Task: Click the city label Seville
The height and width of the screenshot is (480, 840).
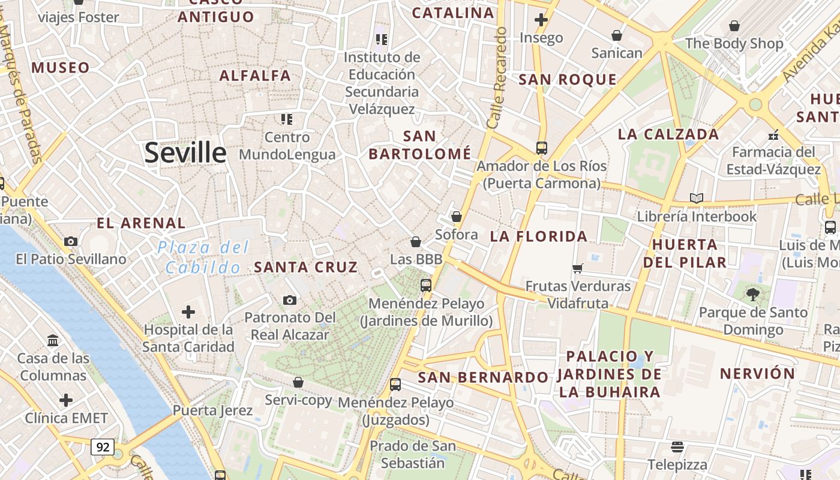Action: (x=185, y=153)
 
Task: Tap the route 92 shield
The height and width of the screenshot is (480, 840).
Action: (x=103, y=446)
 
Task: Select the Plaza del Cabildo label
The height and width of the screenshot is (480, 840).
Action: (x=203, y=257)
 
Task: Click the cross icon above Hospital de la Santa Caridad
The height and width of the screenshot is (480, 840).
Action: (x=188, y=312)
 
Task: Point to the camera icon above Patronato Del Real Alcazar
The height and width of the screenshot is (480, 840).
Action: (x=290, y=300)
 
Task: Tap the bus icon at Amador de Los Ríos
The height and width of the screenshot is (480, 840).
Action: (x=542, y=148)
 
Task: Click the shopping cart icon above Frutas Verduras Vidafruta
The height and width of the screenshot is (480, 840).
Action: (x=578, y=268)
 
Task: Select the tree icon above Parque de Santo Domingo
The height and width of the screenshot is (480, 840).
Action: (x=753, y=295)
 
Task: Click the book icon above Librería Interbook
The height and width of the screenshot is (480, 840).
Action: (x=696, y=198)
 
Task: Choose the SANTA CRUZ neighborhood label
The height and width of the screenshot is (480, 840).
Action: (x=306, y=268)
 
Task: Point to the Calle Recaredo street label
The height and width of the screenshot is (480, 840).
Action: (x=497, y=78)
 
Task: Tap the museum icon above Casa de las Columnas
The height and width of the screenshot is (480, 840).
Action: (x=53, y=341)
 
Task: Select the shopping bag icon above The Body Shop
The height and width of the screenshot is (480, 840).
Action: (x=734, y=26)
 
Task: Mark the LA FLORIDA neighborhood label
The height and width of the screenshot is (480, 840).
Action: (x=539, y=236)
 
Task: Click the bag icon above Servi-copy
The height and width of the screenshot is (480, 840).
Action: (x=298, y=382)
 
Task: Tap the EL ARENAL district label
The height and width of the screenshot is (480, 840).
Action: (x=141, y=223)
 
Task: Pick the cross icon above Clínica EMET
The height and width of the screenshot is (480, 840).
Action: (x=66, y=400)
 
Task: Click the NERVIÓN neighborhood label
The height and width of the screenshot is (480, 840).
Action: (x=757, y=374)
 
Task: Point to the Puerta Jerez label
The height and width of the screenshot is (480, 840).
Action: (x=212, y=411)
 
